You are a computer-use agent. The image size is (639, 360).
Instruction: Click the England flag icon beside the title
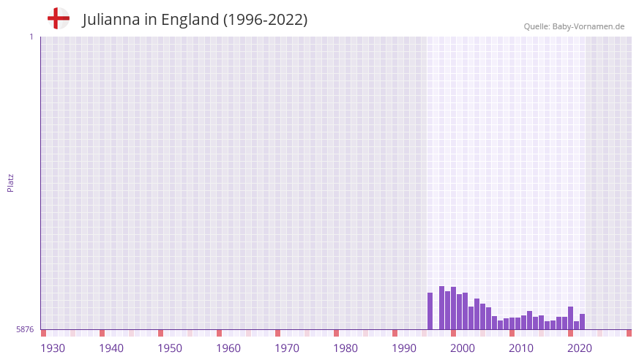point(58,19)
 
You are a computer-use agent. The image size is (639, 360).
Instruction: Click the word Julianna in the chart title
point(111,20)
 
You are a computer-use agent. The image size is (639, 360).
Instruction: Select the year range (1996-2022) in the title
point(265,20)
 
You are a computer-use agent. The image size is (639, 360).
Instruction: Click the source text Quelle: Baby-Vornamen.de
point(574,26)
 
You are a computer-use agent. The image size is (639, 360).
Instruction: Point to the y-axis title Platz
point(10,182)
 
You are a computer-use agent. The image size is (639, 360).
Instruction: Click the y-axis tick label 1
point(31,37)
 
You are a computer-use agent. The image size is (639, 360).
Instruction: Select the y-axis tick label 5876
point(25,330)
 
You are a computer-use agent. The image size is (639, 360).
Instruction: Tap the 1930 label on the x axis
point(53,348)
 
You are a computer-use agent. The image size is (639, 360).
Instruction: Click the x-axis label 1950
point(170,348)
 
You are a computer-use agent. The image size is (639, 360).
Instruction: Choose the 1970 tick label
point(287,348)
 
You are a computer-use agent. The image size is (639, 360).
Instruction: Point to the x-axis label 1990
point(404,348)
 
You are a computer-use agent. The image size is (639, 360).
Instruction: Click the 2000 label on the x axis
point(463,348)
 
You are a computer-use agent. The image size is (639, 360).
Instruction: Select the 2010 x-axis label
point(521,348)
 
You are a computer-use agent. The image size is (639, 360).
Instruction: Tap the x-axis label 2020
point(580,348)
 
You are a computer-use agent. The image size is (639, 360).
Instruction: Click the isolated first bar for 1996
point(430,311)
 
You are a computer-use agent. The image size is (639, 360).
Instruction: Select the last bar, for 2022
point(583,322)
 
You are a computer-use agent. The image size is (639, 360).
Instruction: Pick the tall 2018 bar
point(571,318)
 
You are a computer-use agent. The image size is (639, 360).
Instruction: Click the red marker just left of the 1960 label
point(219,333)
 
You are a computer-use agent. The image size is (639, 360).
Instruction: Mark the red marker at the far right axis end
point(629,333)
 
